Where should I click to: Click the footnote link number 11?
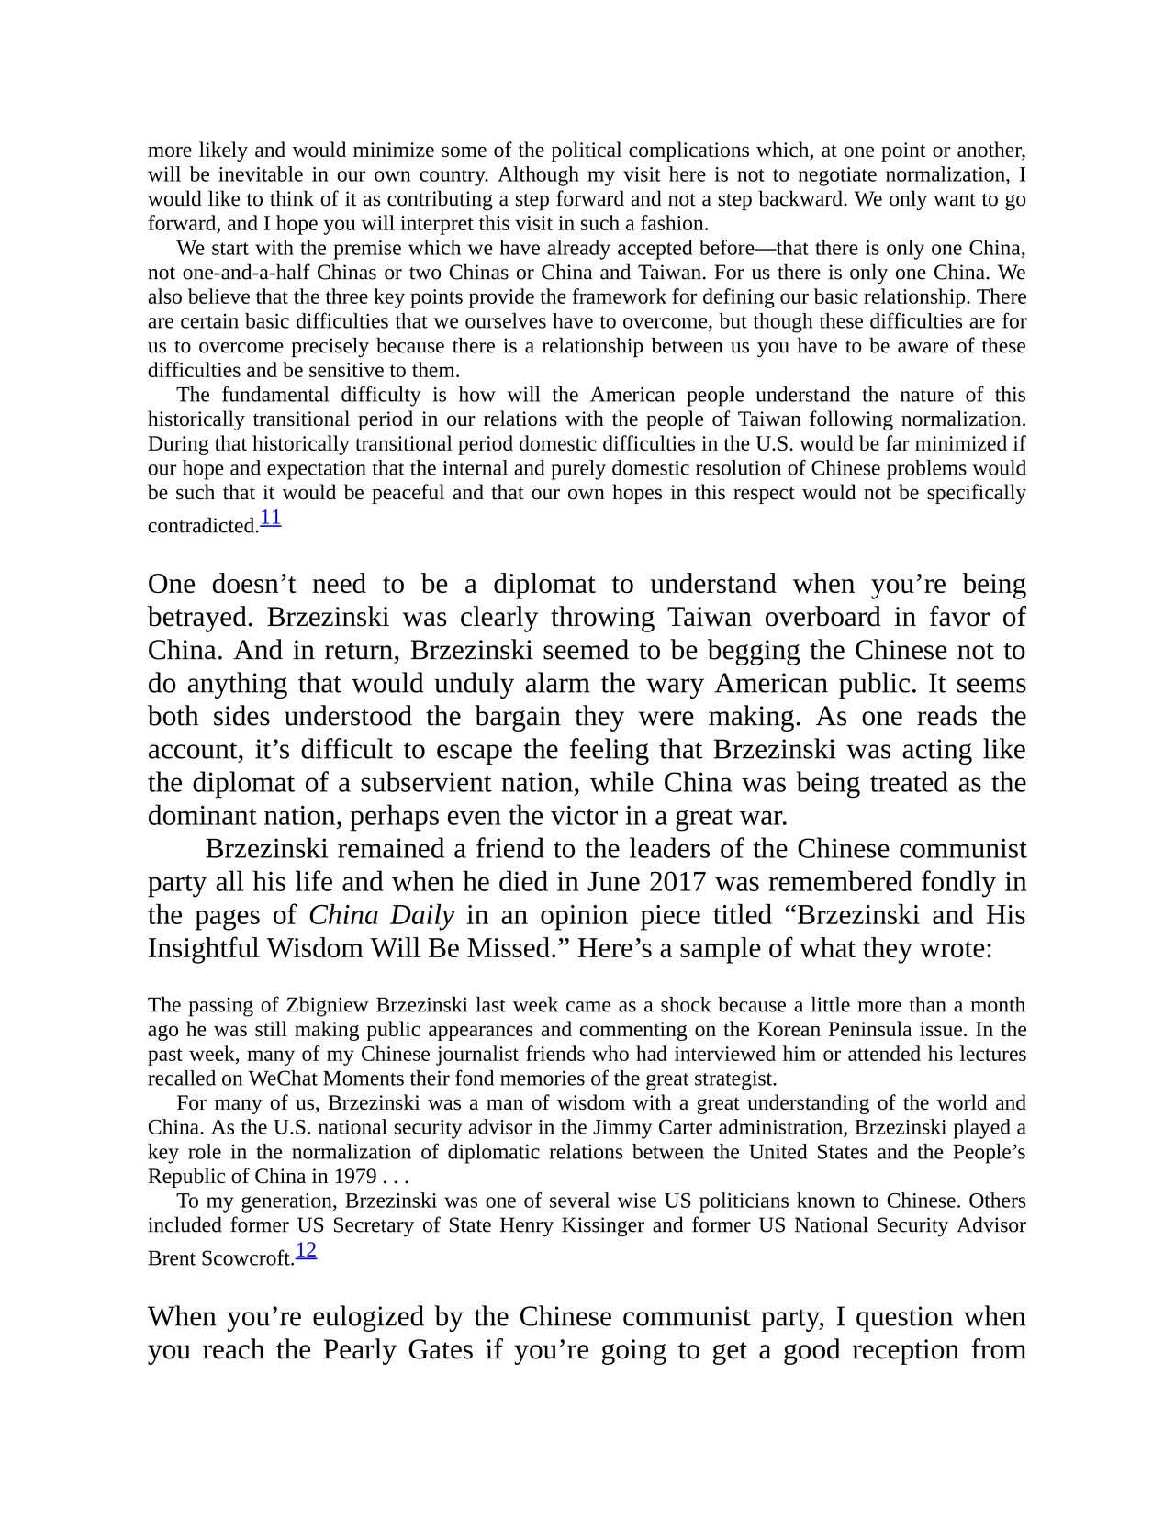(x=270, y=518)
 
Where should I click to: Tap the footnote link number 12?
(x=306, y=1250)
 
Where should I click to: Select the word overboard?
(x=832, y=617)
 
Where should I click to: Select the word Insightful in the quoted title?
(x=204, y=948)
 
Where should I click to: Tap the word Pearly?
(x=363, y=1350)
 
